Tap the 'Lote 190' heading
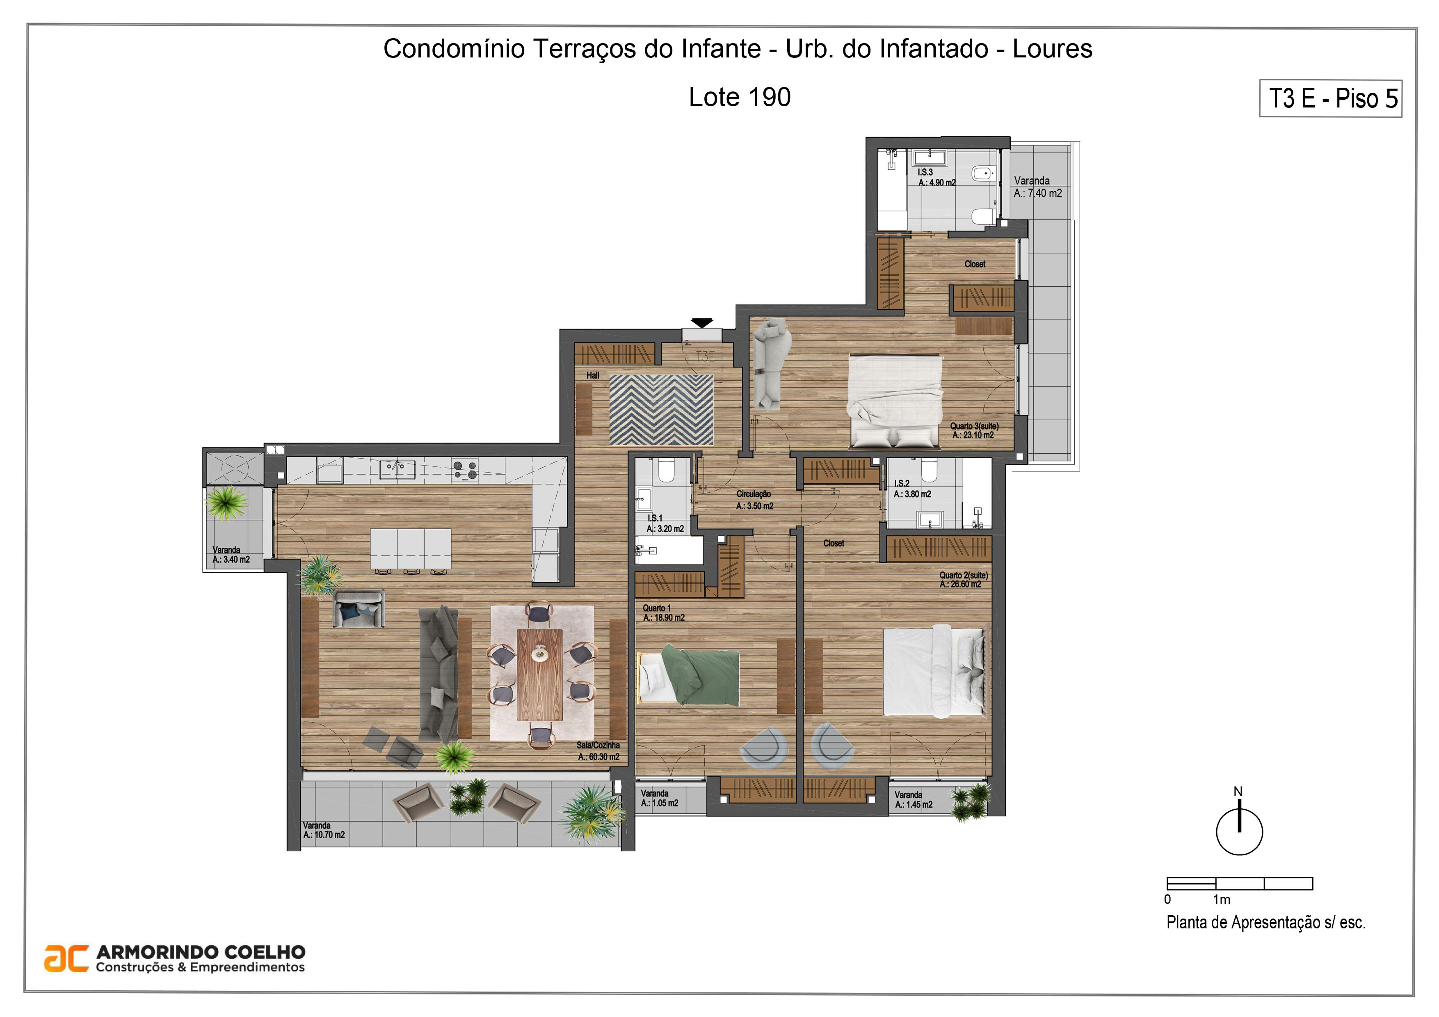pyautogui.click(x=740, y=97)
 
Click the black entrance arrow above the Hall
pyautogui.click(x=702, y=323)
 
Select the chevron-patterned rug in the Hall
pyautogui.click(x=661, y=410)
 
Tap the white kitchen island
pyautogui.click(x=411, y=549)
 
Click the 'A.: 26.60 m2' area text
pyautogui.click(x=960, y=585)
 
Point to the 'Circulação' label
pyautogui.click(x=754, y=494)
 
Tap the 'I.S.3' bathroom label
pyautogui.click(x=925, y=172)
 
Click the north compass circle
pyautogui.click(x=1239, y=832)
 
